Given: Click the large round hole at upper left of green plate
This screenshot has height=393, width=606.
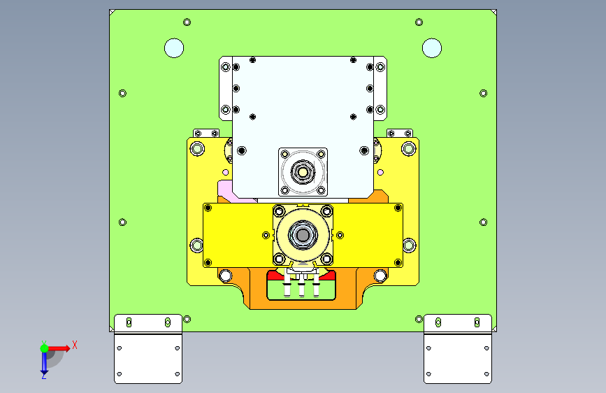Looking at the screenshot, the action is [x=174, y=48].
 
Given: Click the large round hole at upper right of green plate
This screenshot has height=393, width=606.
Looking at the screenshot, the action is [x=432, y=48].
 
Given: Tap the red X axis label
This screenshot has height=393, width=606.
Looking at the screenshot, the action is [x=75, y=345].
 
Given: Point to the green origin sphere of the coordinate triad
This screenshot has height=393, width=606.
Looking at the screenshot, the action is [x=44, y=348].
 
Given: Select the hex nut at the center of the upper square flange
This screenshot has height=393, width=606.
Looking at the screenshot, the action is [x=303, y=172].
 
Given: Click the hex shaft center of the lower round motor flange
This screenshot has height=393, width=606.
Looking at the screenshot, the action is [x=303, y=235].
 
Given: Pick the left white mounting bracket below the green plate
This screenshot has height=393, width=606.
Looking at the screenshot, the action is [x=148, y=349].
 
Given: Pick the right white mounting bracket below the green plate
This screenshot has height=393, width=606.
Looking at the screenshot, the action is [x=458, y=349].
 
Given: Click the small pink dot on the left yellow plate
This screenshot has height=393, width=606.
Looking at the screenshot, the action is [x=225, y=173].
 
